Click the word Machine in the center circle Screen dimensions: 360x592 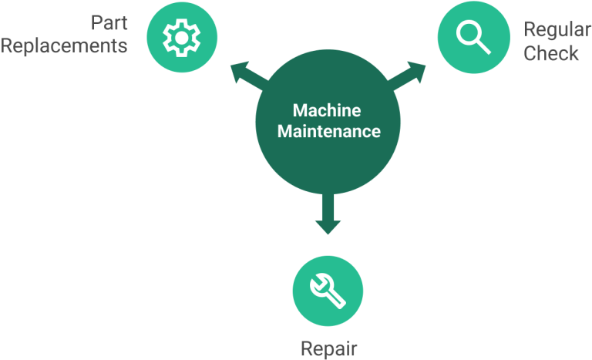tap(327, 111)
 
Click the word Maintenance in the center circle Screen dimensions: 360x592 tap(329, 132)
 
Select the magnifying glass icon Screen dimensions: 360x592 tap(473, 37)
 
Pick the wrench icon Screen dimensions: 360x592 tap(328, 291)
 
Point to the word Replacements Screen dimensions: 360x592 tap(64, 45)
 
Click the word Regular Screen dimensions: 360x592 tap(557, 32)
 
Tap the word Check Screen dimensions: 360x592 tap(551, 54)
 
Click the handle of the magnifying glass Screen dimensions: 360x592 tap(483, 47)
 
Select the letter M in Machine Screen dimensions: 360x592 tap(299, 111)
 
